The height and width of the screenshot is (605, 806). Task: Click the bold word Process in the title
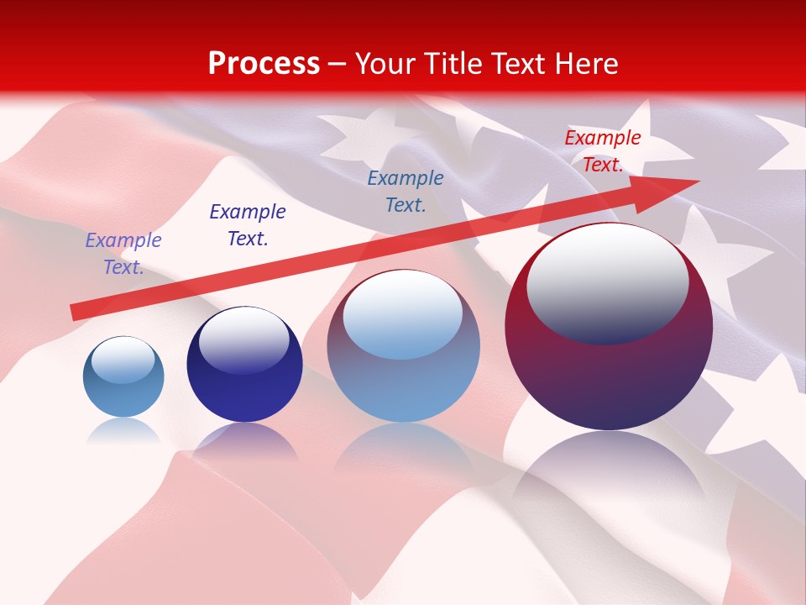pyautogui.click(x=264, y=64)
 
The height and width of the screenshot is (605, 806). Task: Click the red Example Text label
pyautogui.click(x=602, y=151)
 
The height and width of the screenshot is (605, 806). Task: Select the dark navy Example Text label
pyautogui.click(x=248, y=225)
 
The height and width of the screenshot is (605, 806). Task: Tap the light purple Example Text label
pyautogui.click(x=123, y=254)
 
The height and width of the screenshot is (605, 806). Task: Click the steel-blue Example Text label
pyautogui.click(x=406, y=192)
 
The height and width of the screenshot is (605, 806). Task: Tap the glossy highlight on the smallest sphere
pyautogui.click(x=123, y=360)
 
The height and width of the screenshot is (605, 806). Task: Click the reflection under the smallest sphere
pyautogui.click(x=123, y=432)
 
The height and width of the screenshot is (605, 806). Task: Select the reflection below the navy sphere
pyautogui.click(x=244, y=441)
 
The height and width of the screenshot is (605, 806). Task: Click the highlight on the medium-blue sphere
pyautogui.click(x=403, y=314)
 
